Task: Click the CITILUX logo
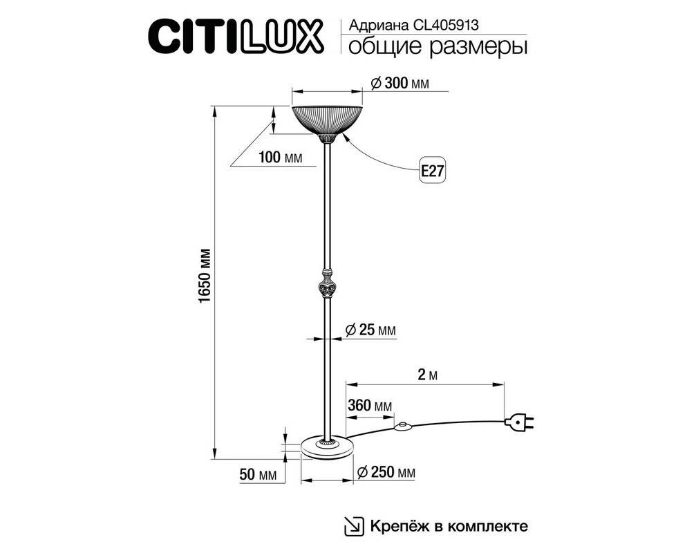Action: (x=236, y=36)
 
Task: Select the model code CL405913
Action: (x=446, y=26)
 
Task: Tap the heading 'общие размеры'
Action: (x=438, y=46)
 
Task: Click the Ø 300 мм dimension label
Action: (x=400, y=83)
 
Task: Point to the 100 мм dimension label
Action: (x=280, y=158)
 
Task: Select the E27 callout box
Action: (x=433, y=171)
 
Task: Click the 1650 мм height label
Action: (x=205, y=275)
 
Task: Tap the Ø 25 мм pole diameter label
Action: (x=370, y=330)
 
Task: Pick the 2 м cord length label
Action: (x=427, y=375)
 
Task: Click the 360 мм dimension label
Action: (x=370, y=406)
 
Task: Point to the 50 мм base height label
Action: (x=258, y=475)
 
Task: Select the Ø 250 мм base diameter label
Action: (x=386, y=472)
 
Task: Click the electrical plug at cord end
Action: (x=520, y=423)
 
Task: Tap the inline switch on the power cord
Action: (x=402, y=427)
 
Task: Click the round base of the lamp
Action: (x=327, y=448)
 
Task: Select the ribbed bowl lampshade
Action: (x=327, y=120)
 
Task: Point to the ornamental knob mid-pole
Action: (x=327, y=283)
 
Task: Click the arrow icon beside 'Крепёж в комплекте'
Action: (x=353, y=526)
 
